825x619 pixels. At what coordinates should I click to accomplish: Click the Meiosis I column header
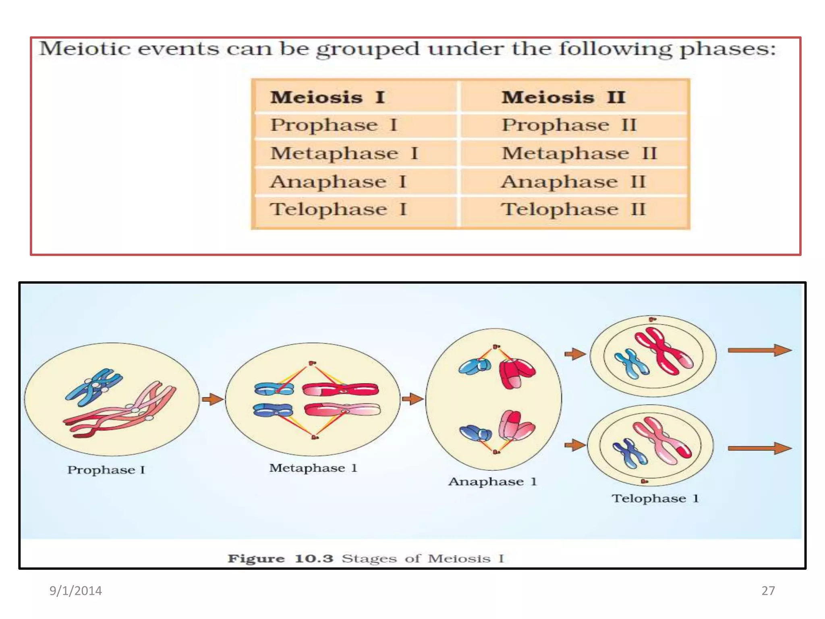coord(328,97)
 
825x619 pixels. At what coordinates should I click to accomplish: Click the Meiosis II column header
coord(563,97)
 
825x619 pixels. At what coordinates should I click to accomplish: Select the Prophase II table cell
coord(569,125)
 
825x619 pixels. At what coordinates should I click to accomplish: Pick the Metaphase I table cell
coord(344,154)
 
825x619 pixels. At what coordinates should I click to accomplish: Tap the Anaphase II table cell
coord(573,182)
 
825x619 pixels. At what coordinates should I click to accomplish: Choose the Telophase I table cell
coord(338,209)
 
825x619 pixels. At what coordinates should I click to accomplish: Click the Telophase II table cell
coord(573,209)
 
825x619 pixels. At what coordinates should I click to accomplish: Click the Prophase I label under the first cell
coord(106,470)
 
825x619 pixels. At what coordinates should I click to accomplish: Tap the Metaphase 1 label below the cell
coord(313,468)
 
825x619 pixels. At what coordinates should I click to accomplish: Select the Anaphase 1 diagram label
coord(492,482)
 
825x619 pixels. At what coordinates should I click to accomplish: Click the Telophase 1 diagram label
coord(655,499)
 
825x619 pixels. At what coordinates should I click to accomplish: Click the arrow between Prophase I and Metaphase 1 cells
coord(212,399)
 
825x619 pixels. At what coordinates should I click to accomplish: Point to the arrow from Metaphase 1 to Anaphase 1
coord(413,399)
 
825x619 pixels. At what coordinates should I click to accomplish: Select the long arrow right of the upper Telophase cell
coord(759,350)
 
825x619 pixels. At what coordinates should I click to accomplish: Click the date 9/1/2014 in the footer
coord(75,591)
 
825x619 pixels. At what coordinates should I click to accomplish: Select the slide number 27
coord(768,591)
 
